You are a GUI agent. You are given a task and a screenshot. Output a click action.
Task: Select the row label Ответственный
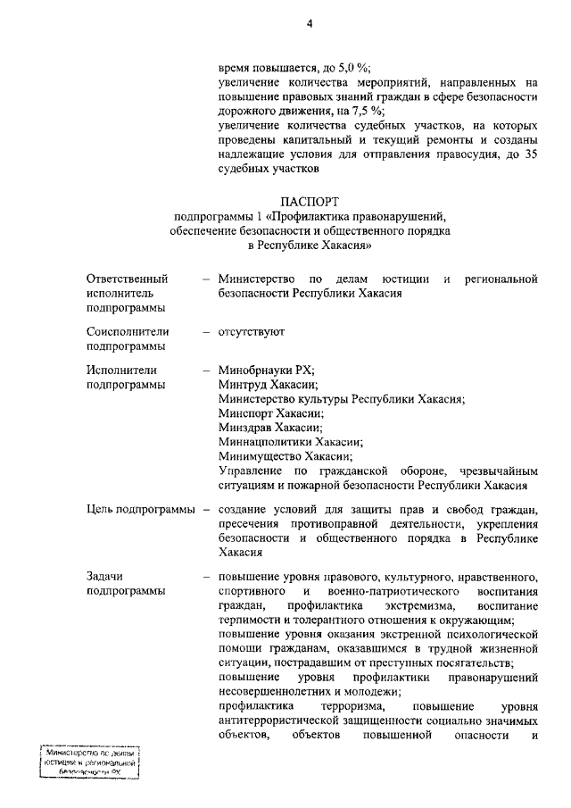tap(128, 279)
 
